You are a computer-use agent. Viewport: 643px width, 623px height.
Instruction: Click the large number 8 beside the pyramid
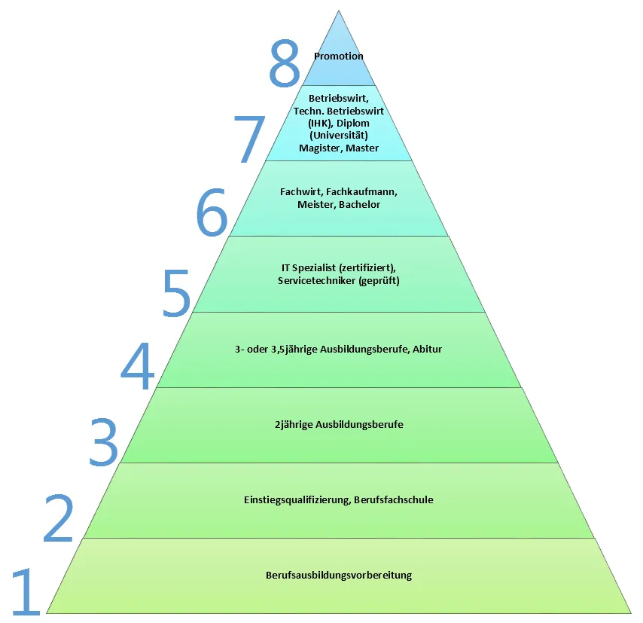coord(285,66)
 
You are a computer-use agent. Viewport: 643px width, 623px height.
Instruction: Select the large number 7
coord(249,139)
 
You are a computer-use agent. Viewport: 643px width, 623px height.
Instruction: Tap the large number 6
coord(212,214)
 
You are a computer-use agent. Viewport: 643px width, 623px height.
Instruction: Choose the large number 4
coord(138,367)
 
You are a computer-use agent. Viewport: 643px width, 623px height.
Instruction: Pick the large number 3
coord(103,442)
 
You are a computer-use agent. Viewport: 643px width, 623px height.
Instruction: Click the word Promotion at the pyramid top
coord(339,56)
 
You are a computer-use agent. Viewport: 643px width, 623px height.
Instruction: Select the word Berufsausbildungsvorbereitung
coord(339,576)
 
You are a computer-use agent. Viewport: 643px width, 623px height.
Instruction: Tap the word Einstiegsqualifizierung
coord(297,500)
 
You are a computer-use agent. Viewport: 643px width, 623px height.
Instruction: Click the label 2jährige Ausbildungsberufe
coord(339,425)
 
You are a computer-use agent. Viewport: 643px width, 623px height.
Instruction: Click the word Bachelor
coord(359,205)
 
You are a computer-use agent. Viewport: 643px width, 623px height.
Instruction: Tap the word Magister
coord(320,148)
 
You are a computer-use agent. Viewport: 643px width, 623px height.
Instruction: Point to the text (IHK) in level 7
coord(308,123)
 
